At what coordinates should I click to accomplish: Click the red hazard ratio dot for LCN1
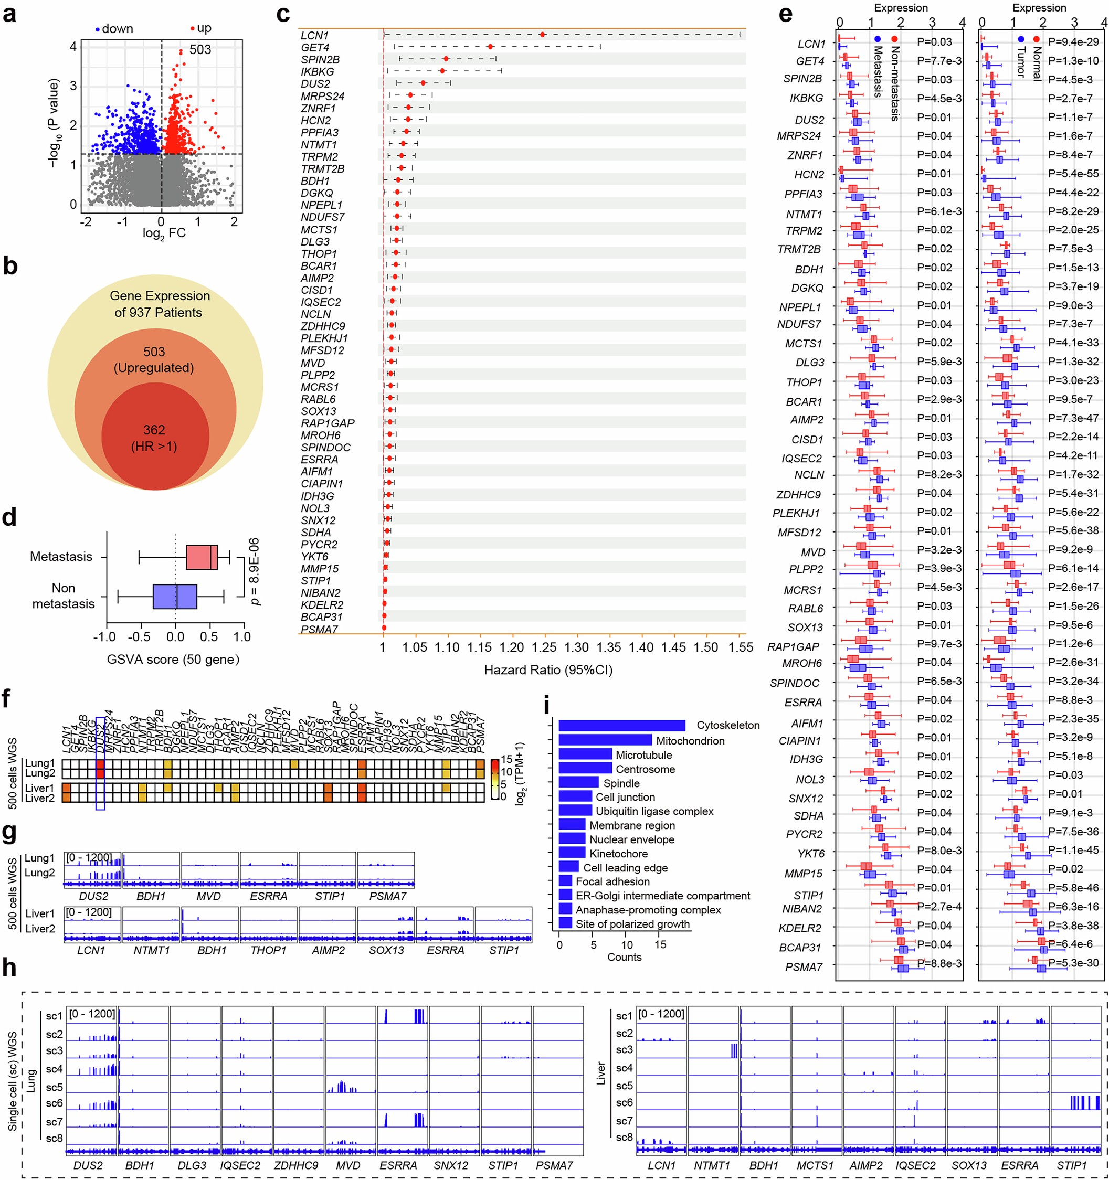tap(542, 35)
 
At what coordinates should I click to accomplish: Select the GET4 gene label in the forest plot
tap(315, 48)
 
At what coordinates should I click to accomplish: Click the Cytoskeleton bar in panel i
tap(621, 725)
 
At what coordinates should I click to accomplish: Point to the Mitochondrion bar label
tap(690, 741)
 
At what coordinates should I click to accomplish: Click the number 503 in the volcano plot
tap(200, 50)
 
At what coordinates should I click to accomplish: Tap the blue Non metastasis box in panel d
tap(175, 596)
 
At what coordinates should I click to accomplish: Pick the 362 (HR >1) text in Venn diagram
tap(154, 438)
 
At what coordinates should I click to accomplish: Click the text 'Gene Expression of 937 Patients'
tap(159, 304)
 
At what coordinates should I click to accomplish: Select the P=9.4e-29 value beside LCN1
tap(1073, 41)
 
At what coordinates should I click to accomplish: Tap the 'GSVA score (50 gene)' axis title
tap(173, 660)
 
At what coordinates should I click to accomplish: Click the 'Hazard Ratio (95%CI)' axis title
tap(548, 670)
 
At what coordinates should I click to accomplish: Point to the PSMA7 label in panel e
tap(804, 967)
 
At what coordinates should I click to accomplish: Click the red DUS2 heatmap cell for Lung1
tap(100, 764)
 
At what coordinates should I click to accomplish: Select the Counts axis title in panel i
tap(624, 958)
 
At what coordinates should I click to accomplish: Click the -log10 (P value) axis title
tap(54, 123)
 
